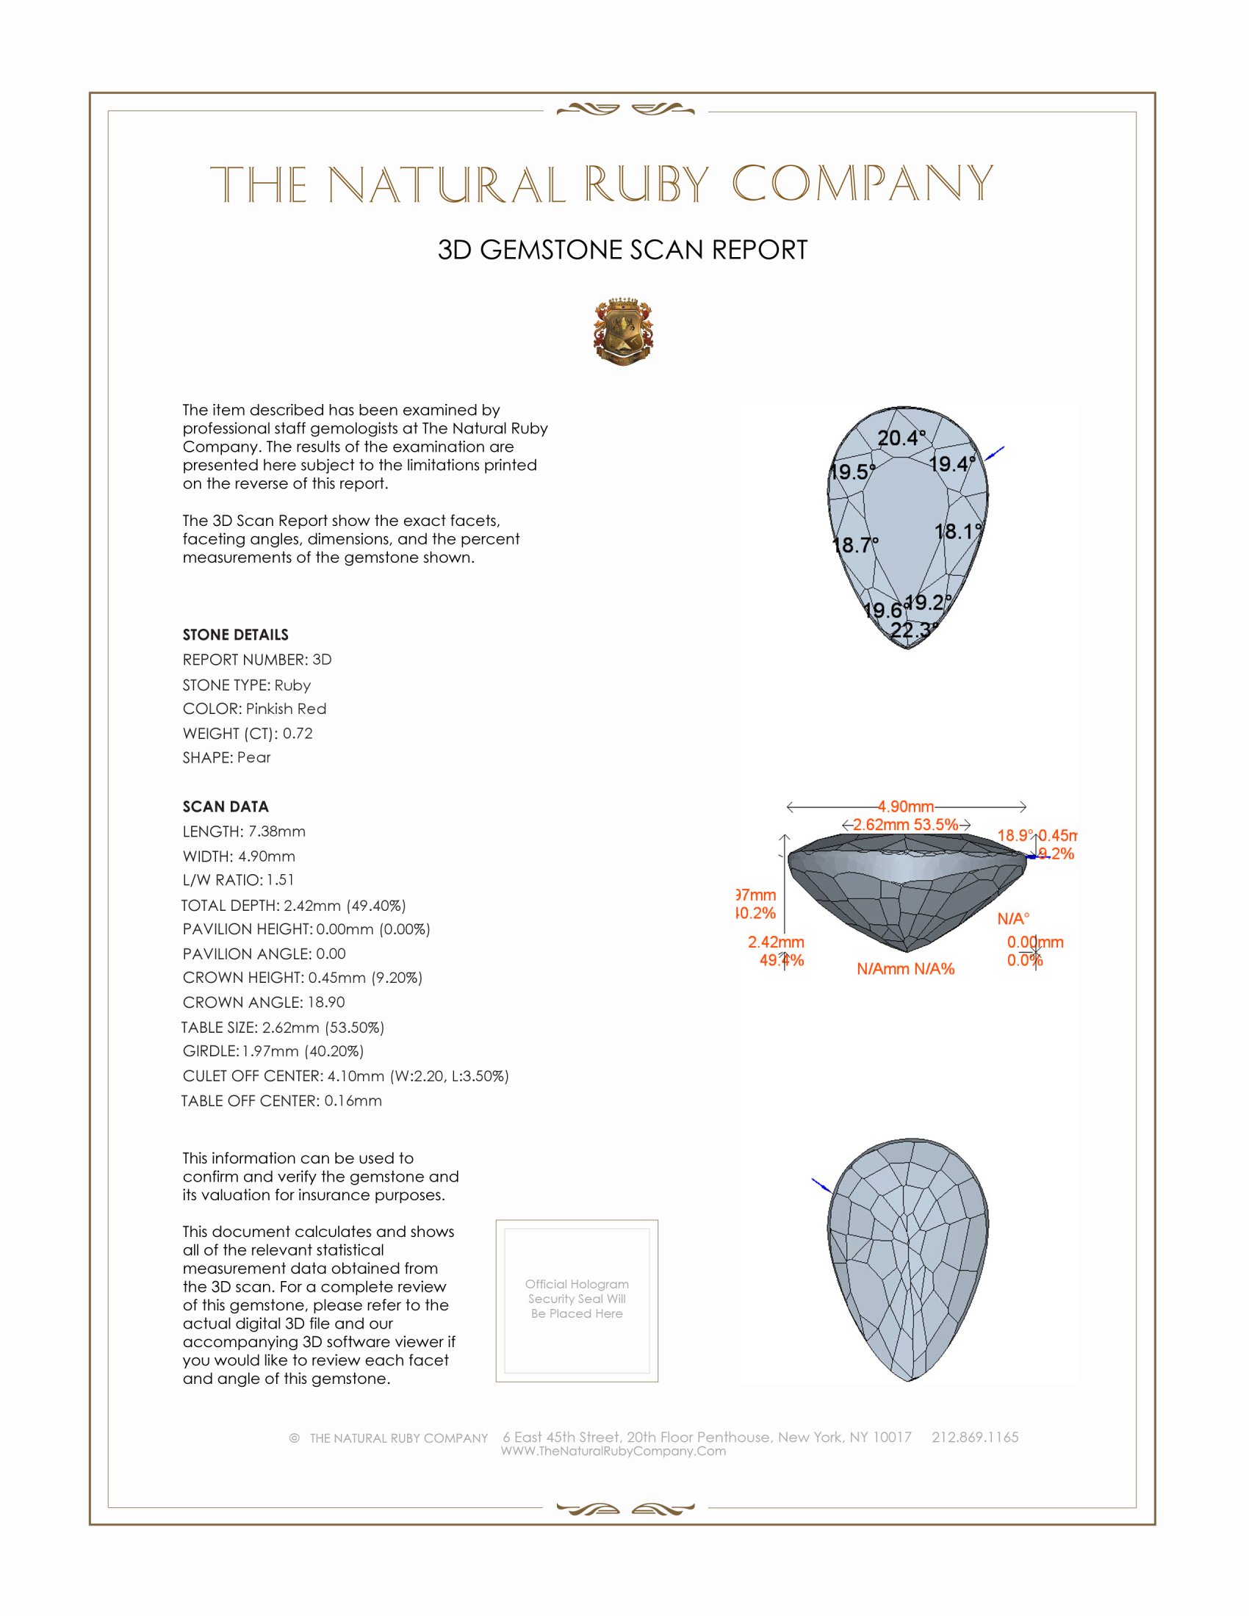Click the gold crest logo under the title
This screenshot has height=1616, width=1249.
click(x=623, y=331)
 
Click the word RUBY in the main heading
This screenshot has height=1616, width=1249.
click(x=647, y=184)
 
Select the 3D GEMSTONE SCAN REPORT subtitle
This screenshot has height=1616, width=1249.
click(x=622, y=250)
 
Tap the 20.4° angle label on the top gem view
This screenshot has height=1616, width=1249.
click(x=901, y=438)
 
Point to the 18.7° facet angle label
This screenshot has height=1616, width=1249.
click(x=855, y=545)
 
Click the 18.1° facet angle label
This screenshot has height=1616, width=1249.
click(x=958, y=531)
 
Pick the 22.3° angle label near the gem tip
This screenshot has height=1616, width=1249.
click(x=914, y=630)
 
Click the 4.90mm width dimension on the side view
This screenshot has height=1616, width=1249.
click(x=906, y=806)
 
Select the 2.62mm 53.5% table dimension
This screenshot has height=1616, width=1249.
click(x=905, y=824)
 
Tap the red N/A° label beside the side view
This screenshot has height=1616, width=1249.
click(x=1013, y=919)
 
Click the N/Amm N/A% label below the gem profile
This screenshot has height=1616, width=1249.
click(x=906, y=969)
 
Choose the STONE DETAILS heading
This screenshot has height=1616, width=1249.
click(x=235, y=635)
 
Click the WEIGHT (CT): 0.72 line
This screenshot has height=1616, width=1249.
click(x=248, y=733)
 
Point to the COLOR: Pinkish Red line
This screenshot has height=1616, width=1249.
click(x=254, y=709)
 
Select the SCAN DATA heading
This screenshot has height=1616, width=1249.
click(x=226, y=807)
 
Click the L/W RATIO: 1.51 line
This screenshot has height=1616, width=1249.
click(x=238, y=880)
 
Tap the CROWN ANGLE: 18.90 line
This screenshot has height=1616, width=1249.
click(x=264, y=1002)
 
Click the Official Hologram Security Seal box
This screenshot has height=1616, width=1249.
click(x=577, y=1301)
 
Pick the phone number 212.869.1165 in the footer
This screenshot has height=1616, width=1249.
click(x=974, y=1437)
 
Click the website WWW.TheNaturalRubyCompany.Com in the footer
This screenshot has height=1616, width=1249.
click(x=613, y=1451)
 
